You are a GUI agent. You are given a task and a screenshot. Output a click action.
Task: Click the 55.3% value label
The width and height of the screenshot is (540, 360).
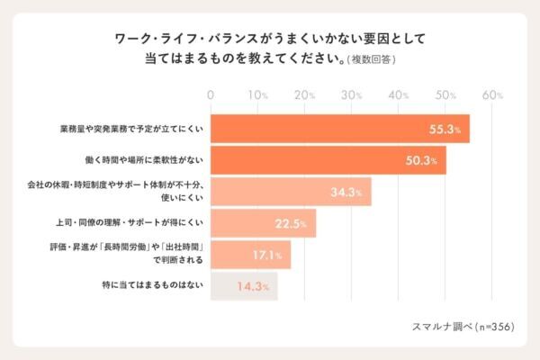click(x=445, y=130)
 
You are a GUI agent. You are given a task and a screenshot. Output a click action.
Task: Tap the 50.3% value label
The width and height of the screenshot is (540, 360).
click(x=422, y=161)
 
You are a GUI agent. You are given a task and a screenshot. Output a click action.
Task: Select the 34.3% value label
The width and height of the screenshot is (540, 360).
click(x=346, y=192)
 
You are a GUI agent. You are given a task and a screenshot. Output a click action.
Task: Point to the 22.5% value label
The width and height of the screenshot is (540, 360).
click(x=292, y=223)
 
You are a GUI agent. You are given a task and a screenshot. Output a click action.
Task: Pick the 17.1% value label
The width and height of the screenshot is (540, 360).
click(x=267, y=256)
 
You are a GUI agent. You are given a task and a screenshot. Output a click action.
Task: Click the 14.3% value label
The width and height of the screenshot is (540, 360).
click(x=254, y=287)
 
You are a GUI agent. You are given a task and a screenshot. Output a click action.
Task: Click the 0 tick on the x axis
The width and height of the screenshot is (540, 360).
click(x=211, y=94)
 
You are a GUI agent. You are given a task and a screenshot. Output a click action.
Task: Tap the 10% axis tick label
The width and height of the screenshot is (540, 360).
click(x=257, y=94)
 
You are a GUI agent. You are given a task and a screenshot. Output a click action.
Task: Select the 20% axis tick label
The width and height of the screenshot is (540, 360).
click(x=304, y=94)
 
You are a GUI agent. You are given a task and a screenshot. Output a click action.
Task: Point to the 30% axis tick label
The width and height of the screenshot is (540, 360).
click(x=352, y=94)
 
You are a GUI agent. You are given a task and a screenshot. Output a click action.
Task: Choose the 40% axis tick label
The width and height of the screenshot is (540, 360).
click(x=399, y=94)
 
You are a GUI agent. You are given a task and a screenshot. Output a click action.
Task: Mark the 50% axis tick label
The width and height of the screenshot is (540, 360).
click(x=445, y=94)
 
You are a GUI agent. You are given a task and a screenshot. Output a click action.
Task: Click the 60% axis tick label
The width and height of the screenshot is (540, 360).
click(x=492, y=94)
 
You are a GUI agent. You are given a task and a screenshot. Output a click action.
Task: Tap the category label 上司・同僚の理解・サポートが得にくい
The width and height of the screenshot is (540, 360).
click(x=128, y=222)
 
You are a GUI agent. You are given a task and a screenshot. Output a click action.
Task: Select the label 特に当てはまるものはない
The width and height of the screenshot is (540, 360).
click(x=149, y=286)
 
